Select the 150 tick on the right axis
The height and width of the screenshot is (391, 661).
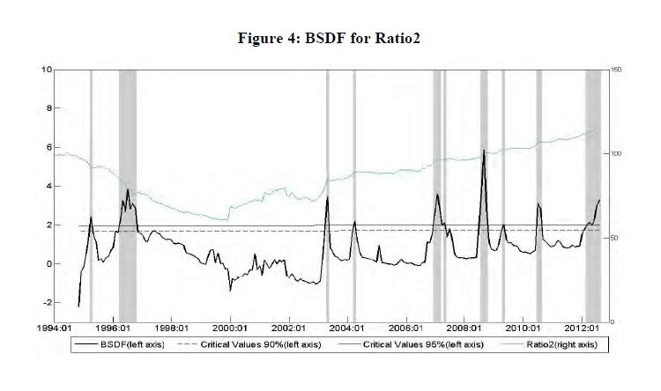point(616,69)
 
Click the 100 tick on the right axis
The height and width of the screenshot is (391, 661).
point(616,153)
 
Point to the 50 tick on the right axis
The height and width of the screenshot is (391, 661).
point(614,238)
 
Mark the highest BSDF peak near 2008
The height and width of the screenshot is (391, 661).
point(484,151)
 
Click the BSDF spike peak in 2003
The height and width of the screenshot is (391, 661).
point(327,197)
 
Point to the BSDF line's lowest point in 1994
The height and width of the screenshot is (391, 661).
point(78,306)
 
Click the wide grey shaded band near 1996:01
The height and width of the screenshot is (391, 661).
point(128,194)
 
